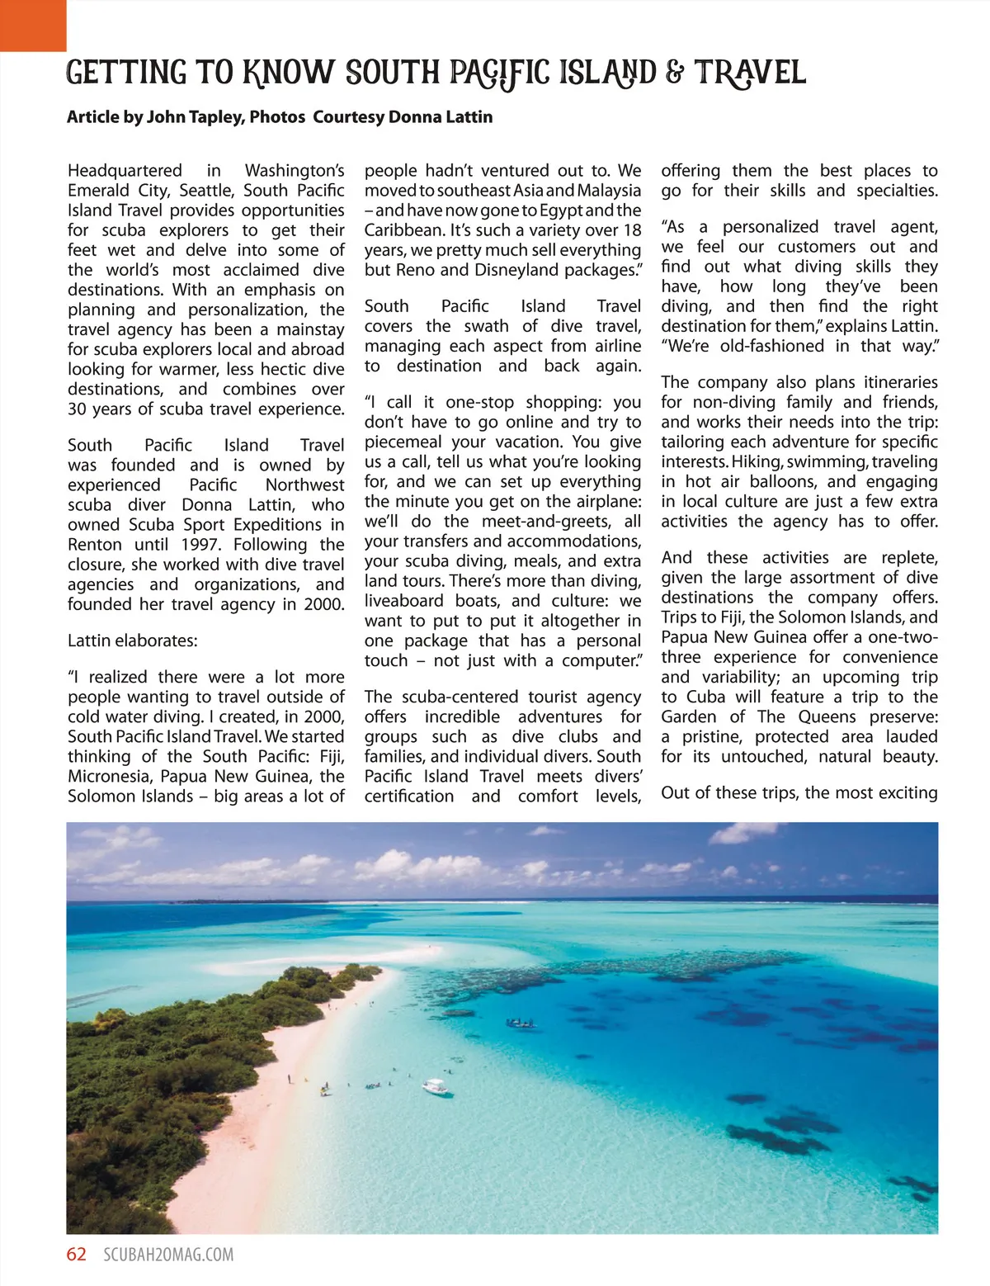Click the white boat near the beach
(x=436, y=1087)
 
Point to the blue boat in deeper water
(x=521, y=1024)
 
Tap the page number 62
(x=77, y=1255)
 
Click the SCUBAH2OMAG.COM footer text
(x=168, y=1255)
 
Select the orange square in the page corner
(x=33, y=25)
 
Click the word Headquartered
(x=125, y=171)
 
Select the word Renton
(x=93, y=545)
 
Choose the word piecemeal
(x=404, y=442)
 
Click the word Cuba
(x=705, y=697)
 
